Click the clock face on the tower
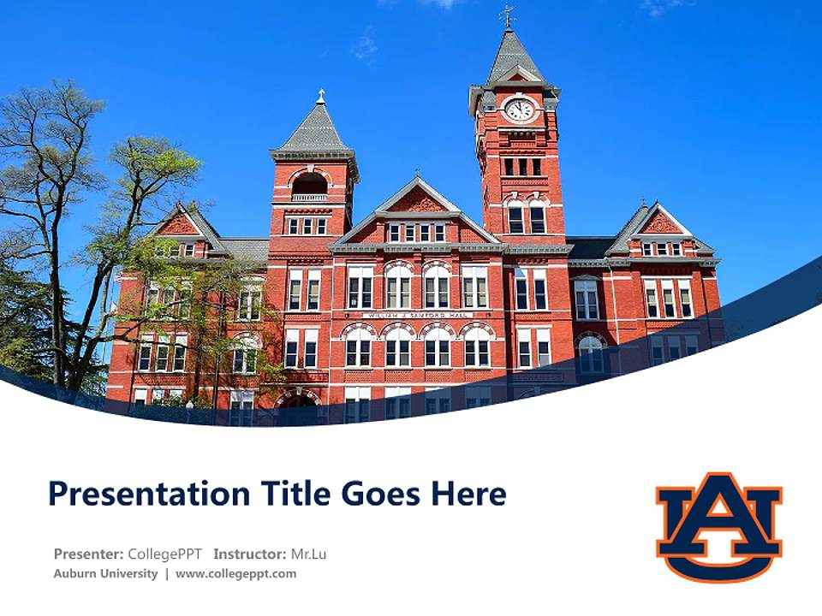tap(519, 110)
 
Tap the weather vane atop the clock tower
tap(508, 15)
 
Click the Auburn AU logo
tap(718, 526)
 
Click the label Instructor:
tap(250, 554)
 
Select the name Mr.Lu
tap(308, 554)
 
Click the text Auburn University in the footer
tap(105, 573)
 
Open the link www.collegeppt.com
tap(235, 573)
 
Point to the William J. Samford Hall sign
tap(417, 315)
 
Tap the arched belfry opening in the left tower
tap(310, 184)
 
